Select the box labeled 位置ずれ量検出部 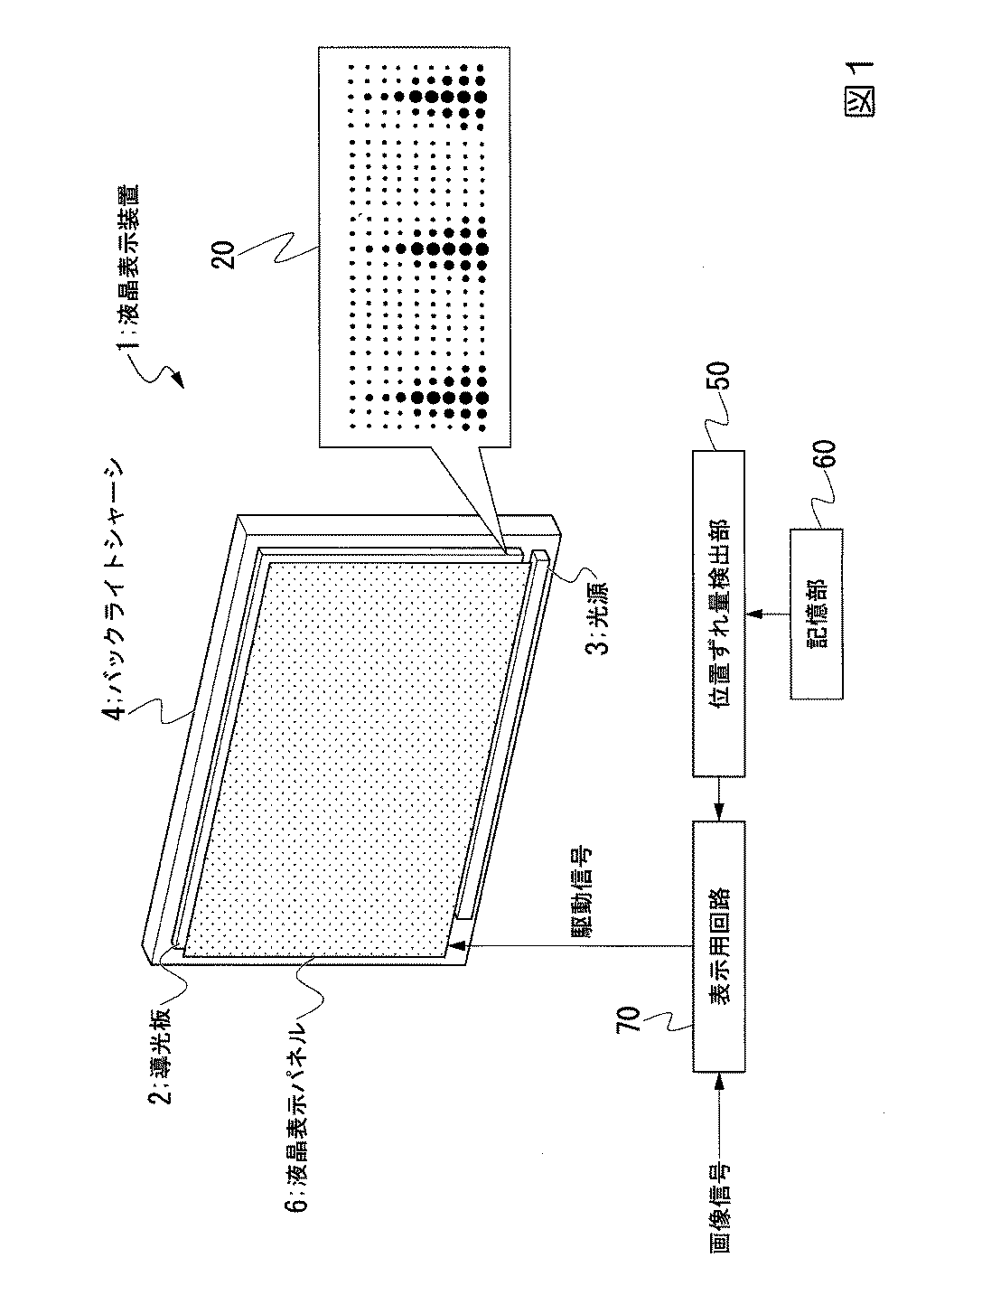click(x=718, y=615)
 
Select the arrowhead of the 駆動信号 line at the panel click(x=459, y=946)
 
